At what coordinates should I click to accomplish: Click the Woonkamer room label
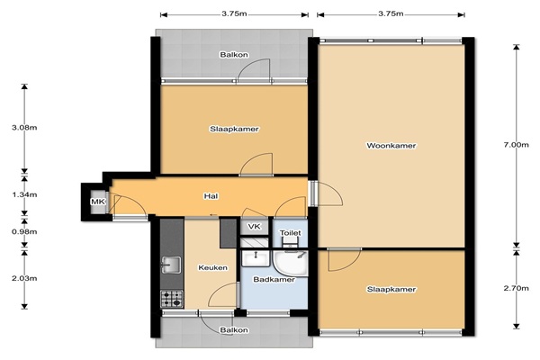[x=391, y=146]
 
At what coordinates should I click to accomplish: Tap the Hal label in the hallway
[x=211, y=196]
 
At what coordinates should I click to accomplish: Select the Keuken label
[x=212, y=267]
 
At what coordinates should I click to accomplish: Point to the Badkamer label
[x=274, y=279]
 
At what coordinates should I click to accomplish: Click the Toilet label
[x=291, y=233]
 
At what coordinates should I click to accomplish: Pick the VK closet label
[x=254, y=226]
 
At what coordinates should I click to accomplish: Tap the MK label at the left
[x=97, y=202]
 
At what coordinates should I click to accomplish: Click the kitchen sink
[x=171, y=265]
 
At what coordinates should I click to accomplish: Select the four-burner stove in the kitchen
[x=172, y=299]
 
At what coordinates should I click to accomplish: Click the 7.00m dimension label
[x=516, y=145]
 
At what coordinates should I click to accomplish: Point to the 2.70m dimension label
[x=516, y=288]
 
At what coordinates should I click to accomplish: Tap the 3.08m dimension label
[x=24, y=128]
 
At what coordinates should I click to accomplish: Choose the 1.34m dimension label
[x=24, y=194]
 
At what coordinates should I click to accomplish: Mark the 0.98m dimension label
[x=24, y=231]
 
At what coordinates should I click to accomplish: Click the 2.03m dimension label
[x=24, y=278]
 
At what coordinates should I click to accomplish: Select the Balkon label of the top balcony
[x=234, y=54]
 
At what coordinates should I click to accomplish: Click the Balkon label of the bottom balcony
[x=234, y=330]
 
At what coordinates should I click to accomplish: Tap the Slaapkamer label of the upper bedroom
[x=234, y=129]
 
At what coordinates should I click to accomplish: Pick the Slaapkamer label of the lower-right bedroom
[x=391, y=289]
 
